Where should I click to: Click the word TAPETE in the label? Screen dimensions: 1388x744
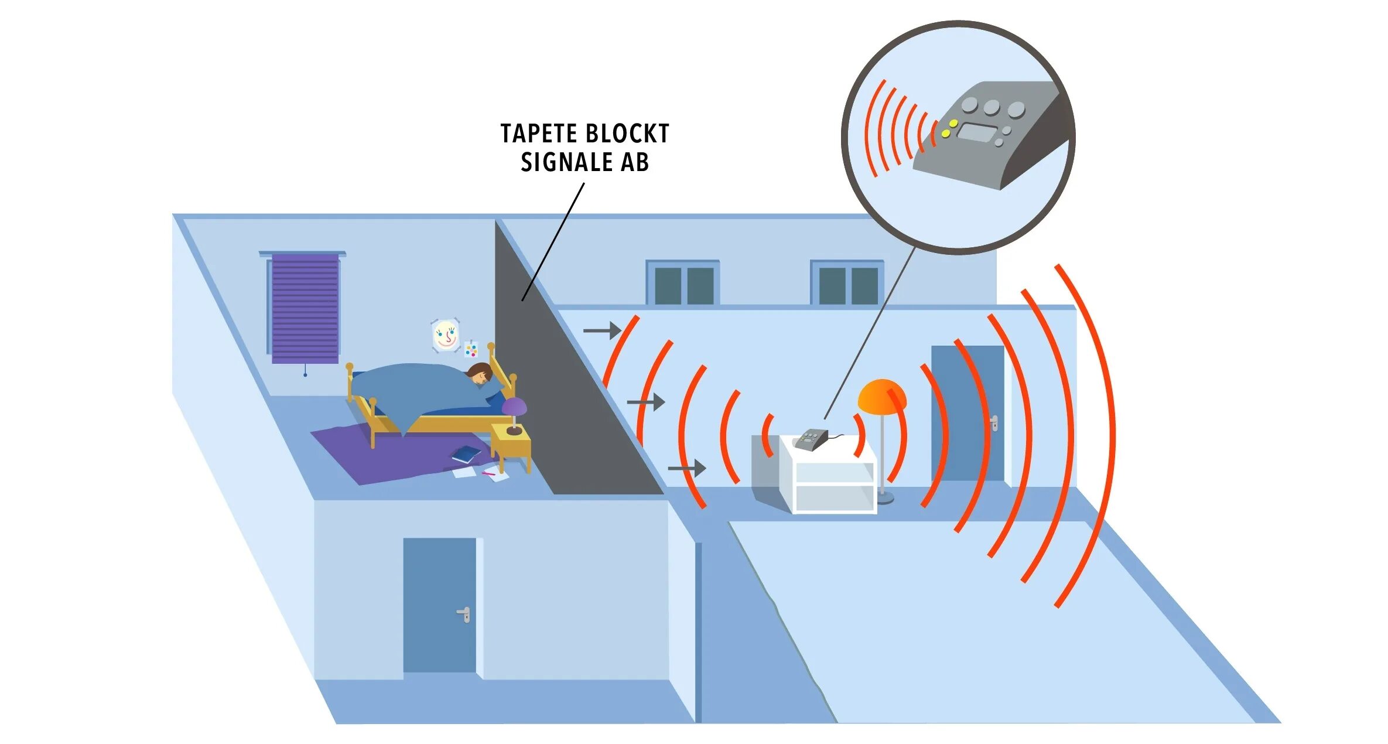(x=538, y=134)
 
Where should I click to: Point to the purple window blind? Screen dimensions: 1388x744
(x=305, y=308)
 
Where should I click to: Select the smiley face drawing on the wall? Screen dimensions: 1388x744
(x=445, y=335)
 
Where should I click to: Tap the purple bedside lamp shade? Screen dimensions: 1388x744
(x=514, y=405)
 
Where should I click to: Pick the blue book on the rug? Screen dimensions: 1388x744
(x=467, y=454)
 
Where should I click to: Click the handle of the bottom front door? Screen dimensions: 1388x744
(x=464, y=614)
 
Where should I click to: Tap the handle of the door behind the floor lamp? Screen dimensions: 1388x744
(x=994, y=422)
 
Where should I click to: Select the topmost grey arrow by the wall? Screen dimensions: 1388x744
(x=602, y=330)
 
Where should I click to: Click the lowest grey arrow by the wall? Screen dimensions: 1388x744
(x=687, y=468)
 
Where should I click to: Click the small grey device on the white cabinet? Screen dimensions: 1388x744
(x=811, y=439)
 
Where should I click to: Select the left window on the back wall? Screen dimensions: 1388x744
(x=683, y=284)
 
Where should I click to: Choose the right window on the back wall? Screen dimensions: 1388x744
(x=847, y=284)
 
